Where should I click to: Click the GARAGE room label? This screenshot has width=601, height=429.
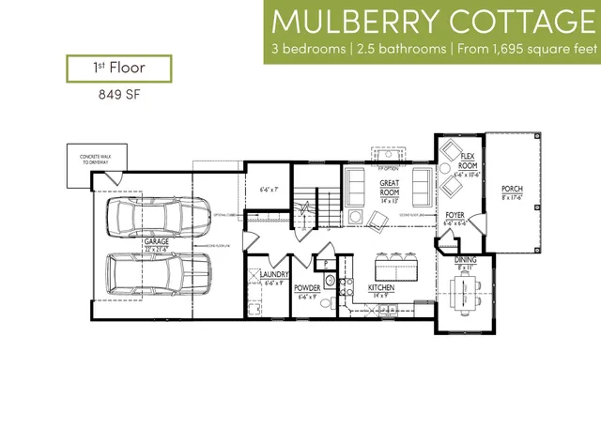click(156, 242)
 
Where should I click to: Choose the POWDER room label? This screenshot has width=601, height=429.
click(308, 289)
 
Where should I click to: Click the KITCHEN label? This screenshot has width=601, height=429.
click(380, 287)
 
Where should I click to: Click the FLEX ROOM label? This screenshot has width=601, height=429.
click(468, 161)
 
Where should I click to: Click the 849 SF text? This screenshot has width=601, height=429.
click(117, 94)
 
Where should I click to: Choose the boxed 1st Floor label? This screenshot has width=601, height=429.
click(117, 69)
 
